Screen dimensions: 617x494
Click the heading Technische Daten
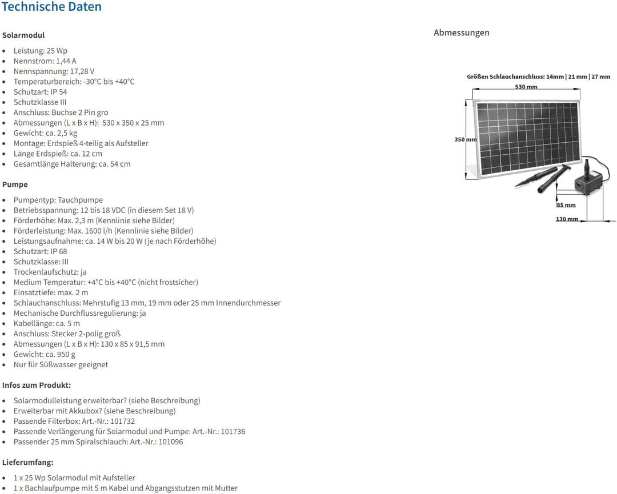51,6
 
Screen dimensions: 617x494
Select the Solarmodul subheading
23,35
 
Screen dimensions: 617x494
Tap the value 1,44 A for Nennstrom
66,61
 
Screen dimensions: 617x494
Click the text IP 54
59,91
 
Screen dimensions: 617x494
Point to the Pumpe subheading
15,184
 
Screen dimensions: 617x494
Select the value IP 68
59,251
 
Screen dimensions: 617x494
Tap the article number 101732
122,421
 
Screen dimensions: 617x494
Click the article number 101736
233,431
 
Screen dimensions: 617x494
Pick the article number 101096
171,441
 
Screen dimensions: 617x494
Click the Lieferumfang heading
27,462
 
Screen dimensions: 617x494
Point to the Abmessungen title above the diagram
462,33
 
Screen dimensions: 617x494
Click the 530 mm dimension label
526,87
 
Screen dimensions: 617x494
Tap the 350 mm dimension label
466,139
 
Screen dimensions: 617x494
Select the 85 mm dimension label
566,205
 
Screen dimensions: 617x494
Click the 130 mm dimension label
567,219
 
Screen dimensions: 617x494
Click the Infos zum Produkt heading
37,385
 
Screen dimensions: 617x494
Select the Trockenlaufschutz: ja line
50,272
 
